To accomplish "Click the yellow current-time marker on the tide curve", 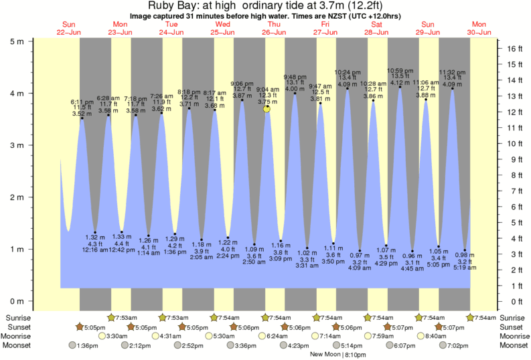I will pos(267,108).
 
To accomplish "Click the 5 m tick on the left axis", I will pos(29,40).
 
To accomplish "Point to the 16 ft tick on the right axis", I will pos(500,49).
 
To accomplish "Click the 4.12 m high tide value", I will pos(400,83).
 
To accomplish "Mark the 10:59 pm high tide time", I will pos(400,70).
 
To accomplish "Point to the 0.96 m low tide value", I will pos(412,256).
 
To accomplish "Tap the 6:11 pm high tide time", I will pos(82,102).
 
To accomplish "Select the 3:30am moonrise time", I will pos(117,336).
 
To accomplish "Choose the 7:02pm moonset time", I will pos(458,345).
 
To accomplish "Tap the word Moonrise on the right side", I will pos(512,336).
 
